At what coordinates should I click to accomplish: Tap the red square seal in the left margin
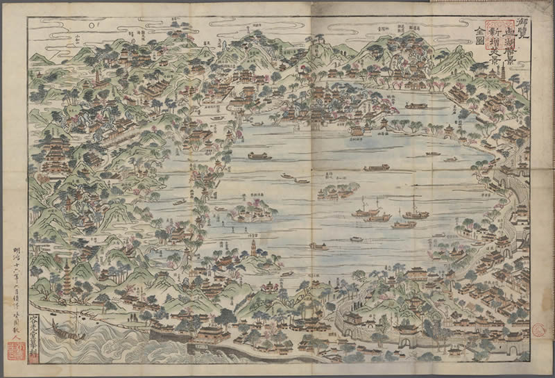(x=17, y=351)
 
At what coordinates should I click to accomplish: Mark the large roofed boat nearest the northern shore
(x=415, y=106)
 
